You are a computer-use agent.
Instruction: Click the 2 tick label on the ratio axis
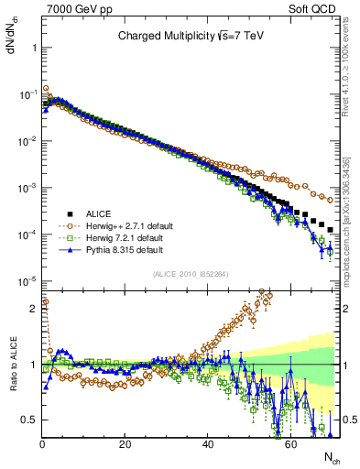[32, 309]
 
